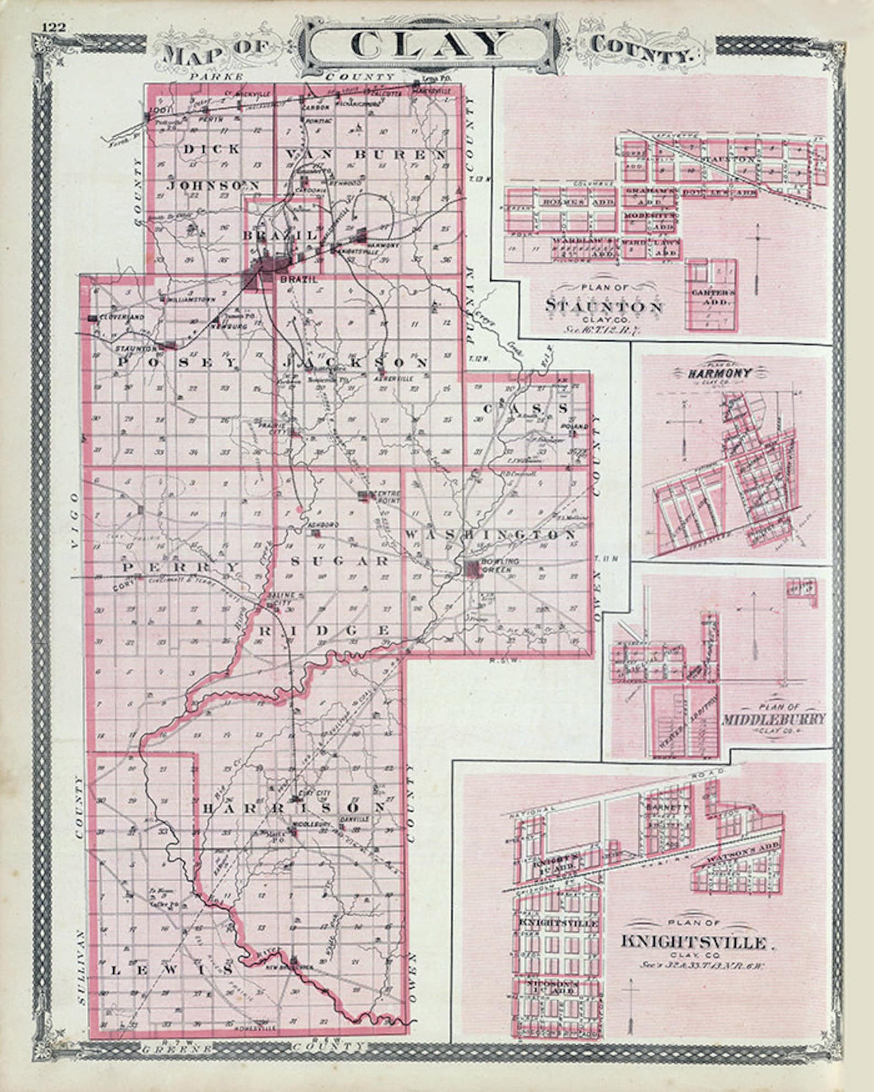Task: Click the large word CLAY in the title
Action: (x=428, y=45)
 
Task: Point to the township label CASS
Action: (x=525, y=408)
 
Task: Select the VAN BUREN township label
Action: (x=365, y=155)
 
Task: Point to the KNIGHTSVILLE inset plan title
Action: (x=693, y=941)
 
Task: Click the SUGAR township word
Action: (x=340, y=561)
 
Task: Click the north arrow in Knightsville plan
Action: (x=631, y=996)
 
